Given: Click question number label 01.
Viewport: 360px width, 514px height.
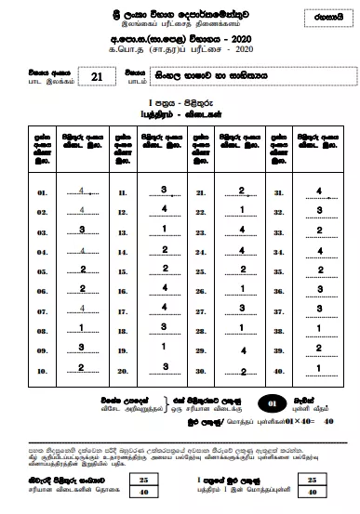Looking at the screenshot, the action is pyautogui.click(x=42, y=193).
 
